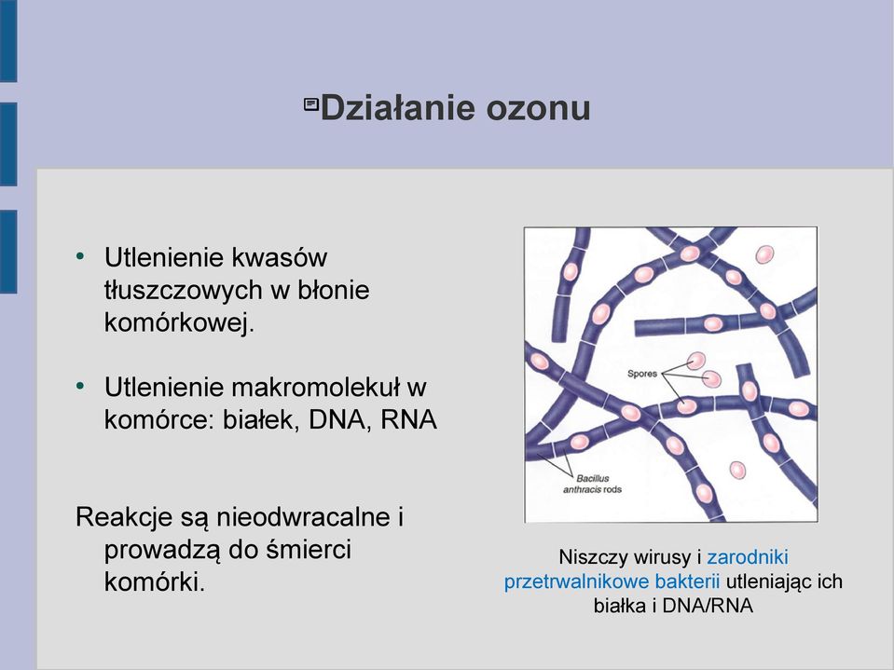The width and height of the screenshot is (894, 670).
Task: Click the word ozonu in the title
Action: [538, 108]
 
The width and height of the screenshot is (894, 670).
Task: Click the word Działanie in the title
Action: [399, 108]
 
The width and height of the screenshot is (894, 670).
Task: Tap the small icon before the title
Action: [311, 104]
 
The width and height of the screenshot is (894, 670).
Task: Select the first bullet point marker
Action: [80, 256]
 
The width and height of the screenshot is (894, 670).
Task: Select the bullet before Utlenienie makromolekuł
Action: [80, 387]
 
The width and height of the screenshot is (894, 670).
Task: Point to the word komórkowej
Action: [179, 323]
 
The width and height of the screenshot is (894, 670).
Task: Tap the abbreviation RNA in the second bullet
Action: [408, 420]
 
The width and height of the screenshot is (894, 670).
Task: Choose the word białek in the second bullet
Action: [261, 420]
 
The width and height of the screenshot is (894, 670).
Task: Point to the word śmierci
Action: [309, 550]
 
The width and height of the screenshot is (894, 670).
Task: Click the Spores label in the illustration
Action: [642, 374]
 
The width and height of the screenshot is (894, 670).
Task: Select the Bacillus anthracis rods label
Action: [592, 484]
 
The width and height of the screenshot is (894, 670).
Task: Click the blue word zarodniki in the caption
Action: [748, 556]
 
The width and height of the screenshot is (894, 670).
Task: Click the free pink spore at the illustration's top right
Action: [764, 254]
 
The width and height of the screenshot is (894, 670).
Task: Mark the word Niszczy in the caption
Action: [589, 557]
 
